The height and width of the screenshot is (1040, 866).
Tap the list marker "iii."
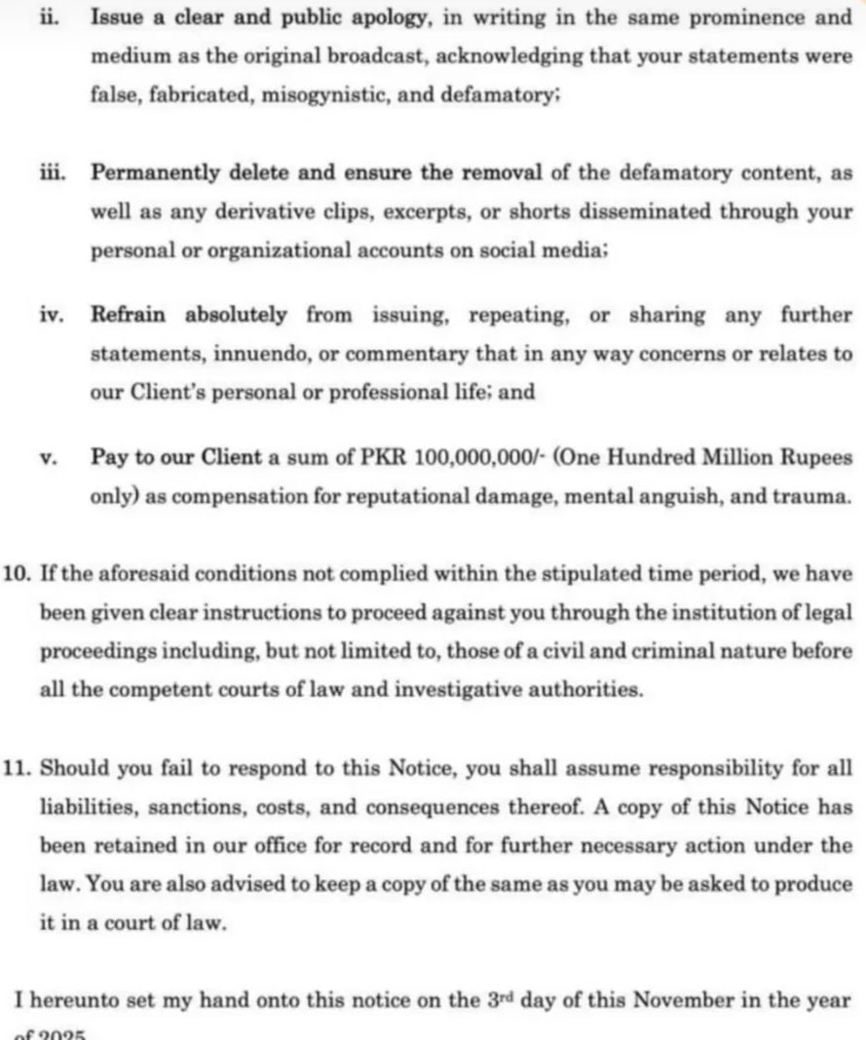click(x=50, y=173)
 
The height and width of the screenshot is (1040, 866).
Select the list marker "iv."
click(x=50, y=316)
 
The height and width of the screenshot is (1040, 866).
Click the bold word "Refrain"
click(x=128, y=316)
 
